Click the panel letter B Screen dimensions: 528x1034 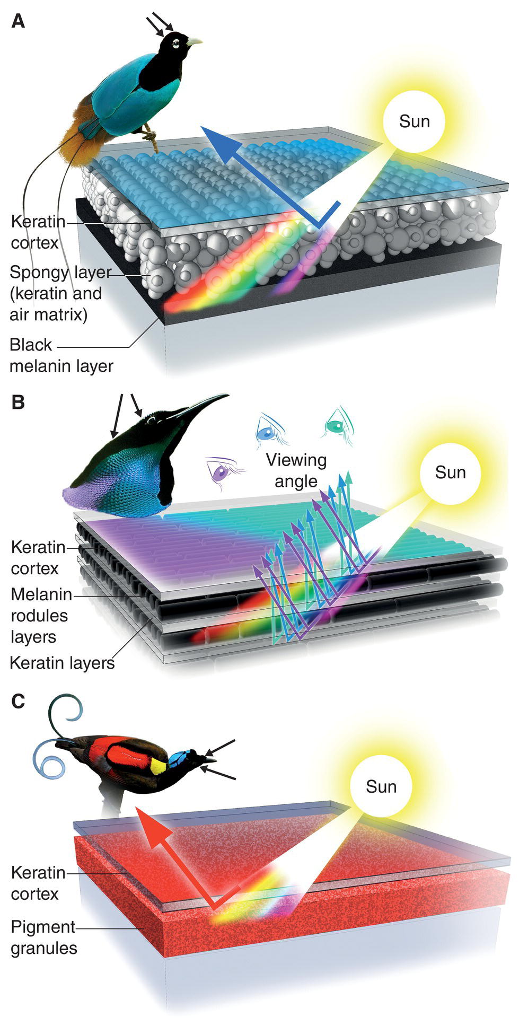click(x=18, y=402)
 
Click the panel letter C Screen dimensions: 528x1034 click(x=18, y=701)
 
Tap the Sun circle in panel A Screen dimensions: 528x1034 click(x=414, y=121)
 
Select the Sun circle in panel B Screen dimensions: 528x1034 click(x=450, y=472)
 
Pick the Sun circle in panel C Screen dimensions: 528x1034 click(x=381, y=786)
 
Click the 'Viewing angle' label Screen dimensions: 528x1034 click(x=296, y=470)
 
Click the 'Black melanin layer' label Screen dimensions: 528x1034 click(x=61, y=355)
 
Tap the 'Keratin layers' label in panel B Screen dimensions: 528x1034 click(x=62, y=663)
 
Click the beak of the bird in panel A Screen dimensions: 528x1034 click(x=194, y=41)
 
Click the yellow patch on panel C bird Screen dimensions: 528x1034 click(x=158, y=766)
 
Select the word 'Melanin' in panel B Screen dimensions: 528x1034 click(x=41, y=594)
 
